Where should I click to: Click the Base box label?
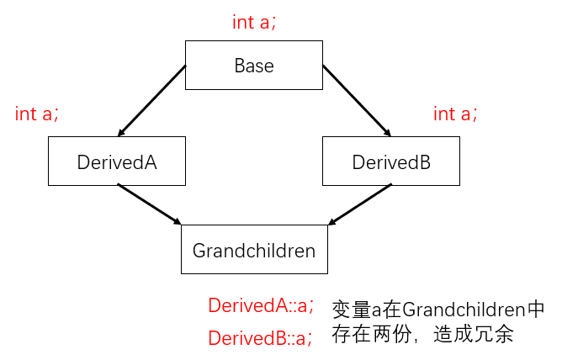(254, 66)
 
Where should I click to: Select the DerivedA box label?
(117, 161)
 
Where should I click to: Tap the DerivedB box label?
(391, 161)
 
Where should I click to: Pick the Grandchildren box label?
(254, 250)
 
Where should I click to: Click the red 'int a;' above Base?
(254, 22)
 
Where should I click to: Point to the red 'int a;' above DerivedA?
(36, 114)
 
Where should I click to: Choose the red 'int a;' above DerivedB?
(455, 114)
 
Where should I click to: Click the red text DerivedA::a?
(261, 305)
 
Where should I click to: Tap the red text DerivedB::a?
(260, 338)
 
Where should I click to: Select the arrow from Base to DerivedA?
(151, 101)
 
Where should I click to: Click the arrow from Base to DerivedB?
(357, 101)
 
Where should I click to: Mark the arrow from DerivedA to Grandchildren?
(150, 204)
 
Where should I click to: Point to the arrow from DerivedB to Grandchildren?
(360, 204)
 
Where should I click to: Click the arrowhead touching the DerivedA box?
(120, 133)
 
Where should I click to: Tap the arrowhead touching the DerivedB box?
(388, 133)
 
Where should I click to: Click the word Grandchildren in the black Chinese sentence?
(464, 310)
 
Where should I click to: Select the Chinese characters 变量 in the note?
(352, 310)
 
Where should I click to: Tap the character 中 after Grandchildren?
(535, 310)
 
